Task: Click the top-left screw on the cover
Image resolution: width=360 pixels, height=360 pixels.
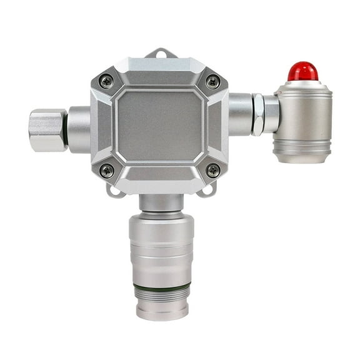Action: (x=107, y=81)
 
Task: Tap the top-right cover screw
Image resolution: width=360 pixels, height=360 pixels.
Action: (x=212, y=81)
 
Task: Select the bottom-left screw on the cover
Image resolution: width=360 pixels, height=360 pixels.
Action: (x=107, y=170)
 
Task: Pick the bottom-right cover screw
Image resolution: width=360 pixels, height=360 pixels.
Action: (x=212, y=170)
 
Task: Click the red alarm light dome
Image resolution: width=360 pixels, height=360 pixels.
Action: (x=302, y=71)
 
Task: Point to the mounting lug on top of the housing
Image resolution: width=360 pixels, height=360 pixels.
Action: (x=160, y=54)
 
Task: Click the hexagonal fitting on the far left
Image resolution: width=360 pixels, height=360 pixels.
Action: (x=47, y=129)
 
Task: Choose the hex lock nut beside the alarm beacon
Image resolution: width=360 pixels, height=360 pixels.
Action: (x=257, y=114)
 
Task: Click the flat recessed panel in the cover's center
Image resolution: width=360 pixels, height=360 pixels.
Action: (x=160, y=125)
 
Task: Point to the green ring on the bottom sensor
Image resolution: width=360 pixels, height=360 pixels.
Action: (x=162, y=287)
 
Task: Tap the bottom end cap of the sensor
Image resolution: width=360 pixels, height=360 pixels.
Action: (x=162, y=310)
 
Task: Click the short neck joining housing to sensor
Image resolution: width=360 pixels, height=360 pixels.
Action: (x=161, y=202)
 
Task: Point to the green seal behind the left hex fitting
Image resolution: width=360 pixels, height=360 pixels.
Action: (x=65, y=129)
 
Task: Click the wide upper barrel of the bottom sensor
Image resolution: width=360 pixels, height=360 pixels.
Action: (x=162, y=234)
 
